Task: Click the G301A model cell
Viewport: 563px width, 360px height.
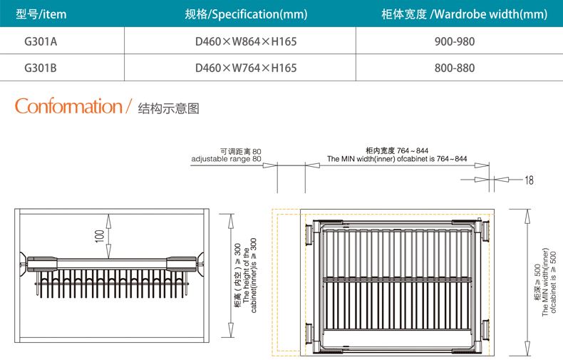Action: [x=41, y=41]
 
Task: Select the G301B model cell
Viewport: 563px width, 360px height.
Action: [x=41, y=68]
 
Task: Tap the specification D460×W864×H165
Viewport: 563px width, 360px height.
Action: [x=246, y=41]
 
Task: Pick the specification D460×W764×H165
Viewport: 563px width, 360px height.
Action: [x=246, y=68]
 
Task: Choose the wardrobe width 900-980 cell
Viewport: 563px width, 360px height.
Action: [x=455, y=41]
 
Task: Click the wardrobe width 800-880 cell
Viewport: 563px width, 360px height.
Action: [x=455, y=68]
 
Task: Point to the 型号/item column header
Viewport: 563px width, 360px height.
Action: [x=41, y=14]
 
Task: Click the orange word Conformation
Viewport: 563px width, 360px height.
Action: [x=68, y=107]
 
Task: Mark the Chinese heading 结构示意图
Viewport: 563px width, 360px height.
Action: [x=168, y=108]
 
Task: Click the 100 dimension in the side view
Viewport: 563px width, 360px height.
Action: [x=100, y=235]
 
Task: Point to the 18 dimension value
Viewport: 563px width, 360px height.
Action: [x=528, y=180]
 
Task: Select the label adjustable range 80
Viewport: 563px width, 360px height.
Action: [x=227, y=159]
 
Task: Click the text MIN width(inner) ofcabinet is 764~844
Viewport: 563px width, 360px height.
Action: [x=397, y=159]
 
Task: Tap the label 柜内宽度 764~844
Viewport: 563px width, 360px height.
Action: [x=397, y=150]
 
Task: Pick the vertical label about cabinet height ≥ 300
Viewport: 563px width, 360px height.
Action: [x=246, y=274]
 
